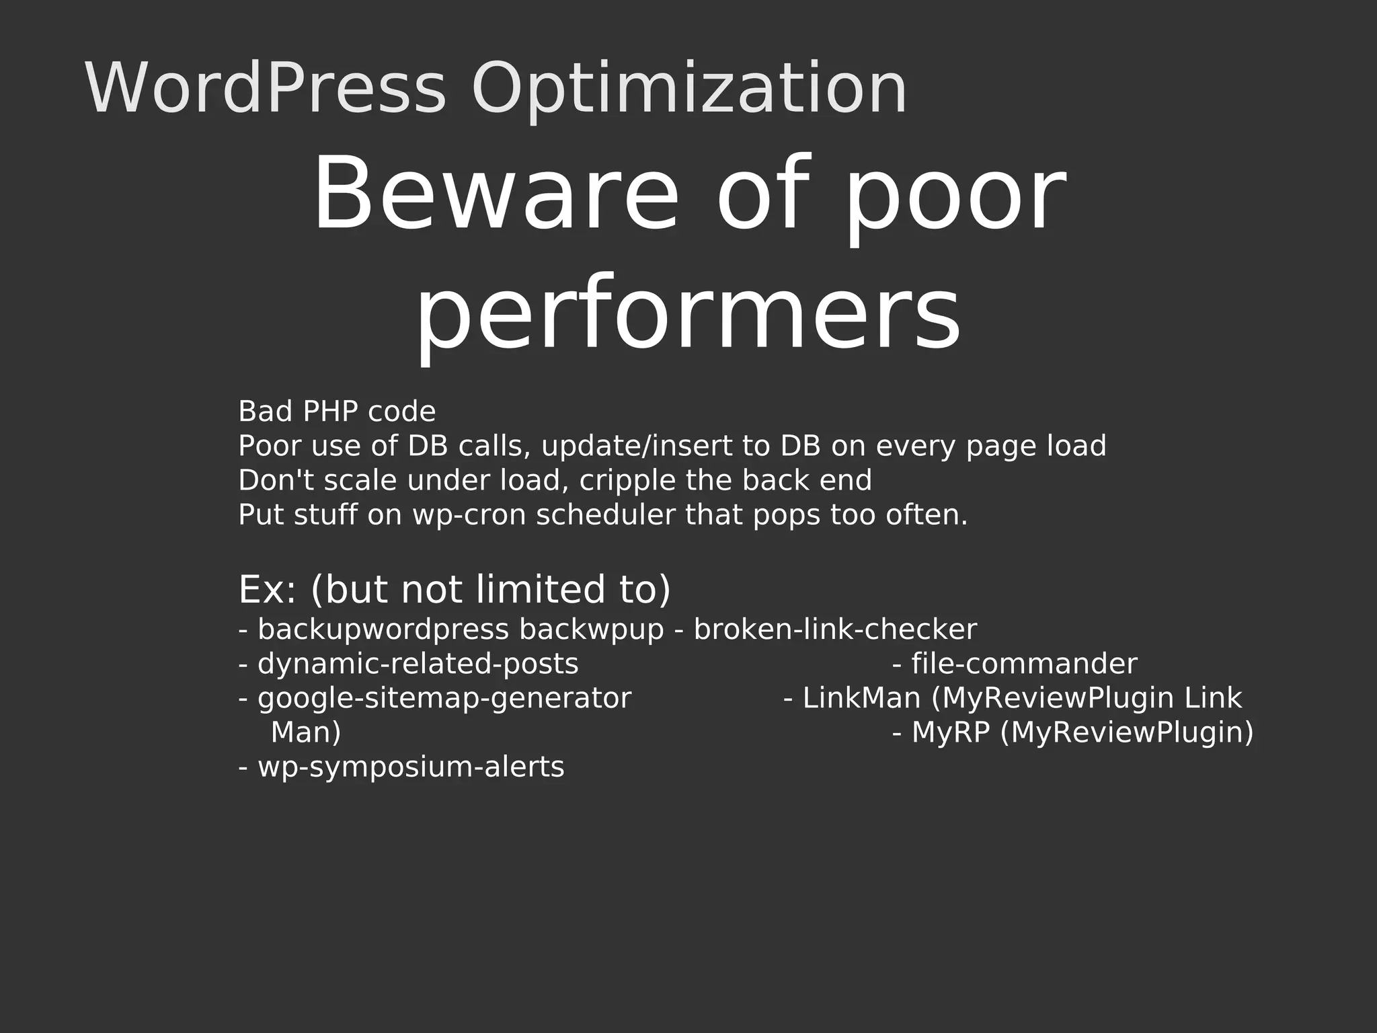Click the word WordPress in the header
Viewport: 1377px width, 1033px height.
(x=265, y=89)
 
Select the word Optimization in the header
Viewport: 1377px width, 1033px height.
(x=689, y=89)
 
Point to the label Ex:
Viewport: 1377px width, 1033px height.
(x=267, y=590)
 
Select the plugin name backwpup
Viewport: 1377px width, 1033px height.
(x=591, y=630)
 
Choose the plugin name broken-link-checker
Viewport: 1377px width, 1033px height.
(x=835, y=630)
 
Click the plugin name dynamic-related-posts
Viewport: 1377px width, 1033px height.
(x=418, y=664)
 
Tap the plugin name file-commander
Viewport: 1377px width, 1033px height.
(x=1024, y=664)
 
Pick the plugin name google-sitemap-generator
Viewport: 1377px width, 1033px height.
(x=444, y=699)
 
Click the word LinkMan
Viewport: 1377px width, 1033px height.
(x=861, y=699)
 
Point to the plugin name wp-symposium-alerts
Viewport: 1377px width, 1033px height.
(x=411, y=767)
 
